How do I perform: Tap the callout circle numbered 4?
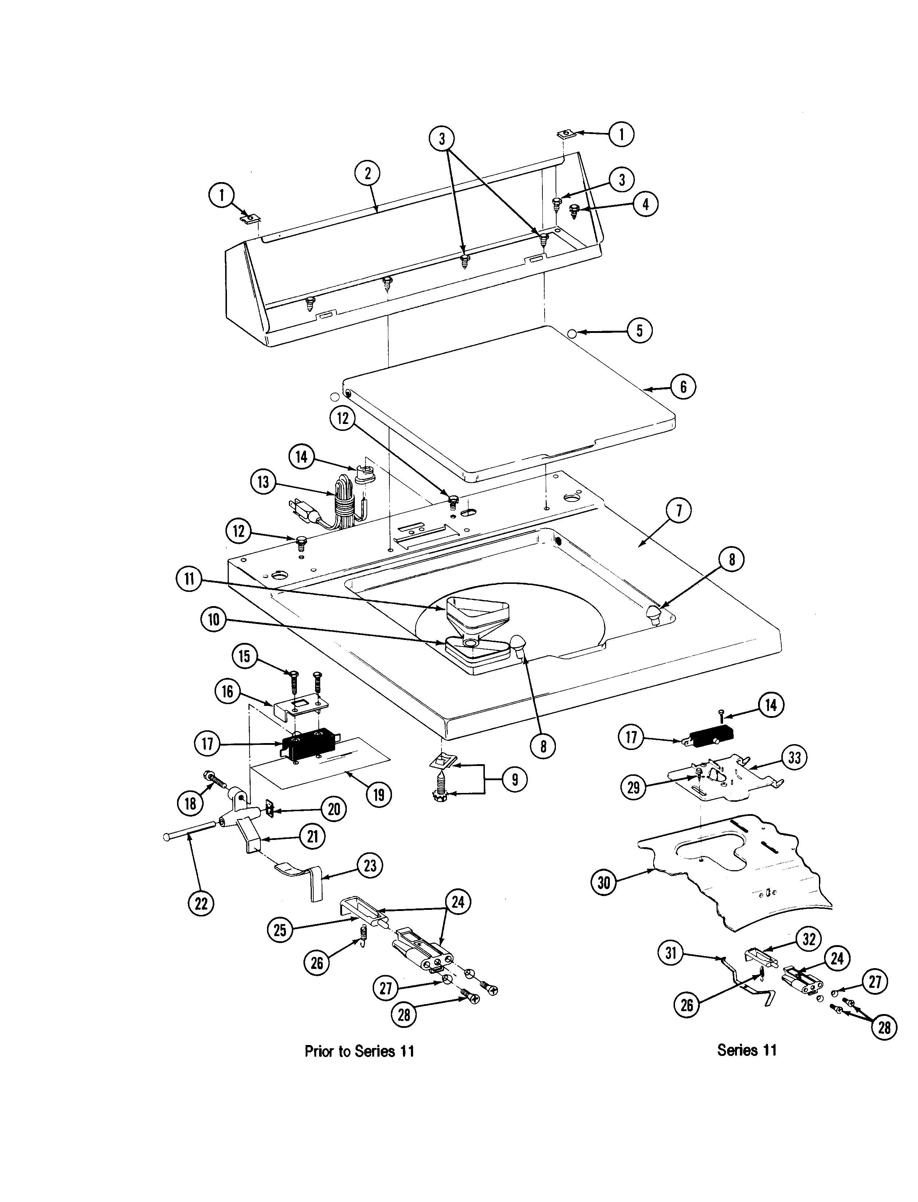pyautogui.click(x=646, y=204)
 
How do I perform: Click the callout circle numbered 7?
pyautogui.click(x=679, y=511)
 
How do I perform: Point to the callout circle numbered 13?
pyautogui.click(x=263, y=482)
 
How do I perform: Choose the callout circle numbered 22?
pyautogui.click(x=201, y=903)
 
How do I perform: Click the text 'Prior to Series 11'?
pyautogui.click(x=359, y=1051)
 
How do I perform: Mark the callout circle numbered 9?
pyautogui.click(x=514, y=779)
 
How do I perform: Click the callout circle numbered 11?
pyautogui.click(x=189, y=578)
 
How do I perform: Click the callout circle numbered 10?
pyautogui.click(x=213, y=620)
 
